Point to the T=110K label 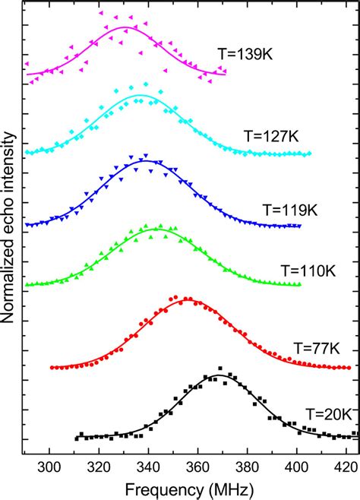[305, 269]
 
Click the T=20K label [329, 414]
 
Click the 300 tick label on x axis [49, 467]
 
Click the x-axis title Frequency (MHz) [189, 489]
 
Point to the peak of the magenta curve [124, 27]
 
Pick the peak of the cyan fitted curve [139, 96]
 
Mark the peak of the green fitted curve [156, 229]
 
